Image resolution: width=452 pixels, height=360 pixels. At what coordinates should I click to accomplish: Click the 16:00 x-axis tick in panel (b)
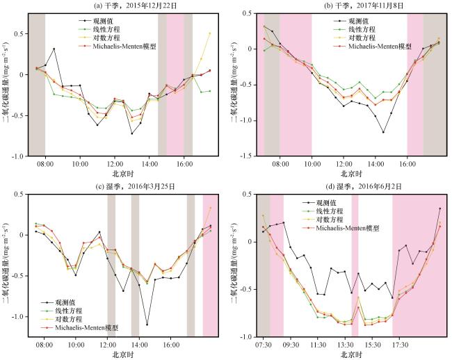pos(407,165)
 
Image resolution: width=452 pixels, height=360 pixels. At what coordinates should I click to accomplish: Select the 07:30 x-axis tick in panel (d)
pos(264,343)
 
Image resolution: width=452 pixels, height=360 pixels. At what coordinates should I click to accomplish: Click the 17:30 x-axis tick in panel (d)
pos(400,343)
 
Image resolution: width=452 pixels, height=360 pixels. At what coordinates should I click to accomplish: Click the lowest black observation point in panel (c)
pos(147,325)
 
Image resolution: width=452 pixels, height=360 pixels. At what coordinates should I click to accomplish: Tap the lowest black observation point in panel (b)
pos(383,132)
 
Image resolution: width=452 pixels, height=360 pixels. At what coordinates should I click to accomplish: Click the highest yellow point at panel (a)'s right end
pos(210,33)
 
